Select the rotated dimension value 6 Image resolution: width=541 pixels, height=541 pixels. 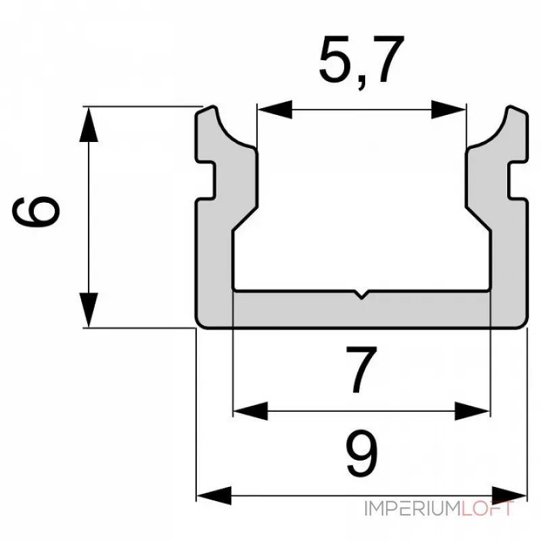pyautogui.click(x=37, y=212)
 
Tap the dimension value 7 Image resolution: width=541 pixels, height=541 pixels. pyautogui.click(x=362, y=370)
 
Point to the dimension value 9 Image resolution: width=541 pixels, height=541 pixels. pyautogui.click(x=362, y=453)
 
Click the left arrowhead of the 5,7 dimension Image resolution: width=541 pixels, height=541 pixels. pyautogui.click(x=275, y=110)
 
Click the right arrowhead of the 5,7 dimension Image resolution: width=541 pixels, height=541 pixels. pyautogui.click(x=449, y=110)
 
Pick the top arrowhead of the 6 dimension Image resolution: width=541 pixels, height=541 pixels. pyautogui.click(x=89, y=124)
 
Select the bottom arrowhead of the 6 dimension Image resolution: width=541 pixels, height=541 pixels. pyautogui.click(x=89, y=310)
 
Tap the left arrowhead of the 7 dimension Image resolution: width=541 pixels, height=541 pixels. pyautogui.click(x=250, y=411)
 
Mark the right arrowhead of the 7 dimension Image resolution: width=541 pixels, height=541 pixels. pyautogui.click(x=472, y=411)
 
